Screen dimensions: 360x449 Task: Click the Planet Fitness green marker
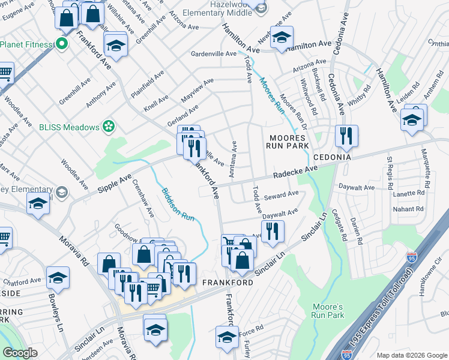(61, 43)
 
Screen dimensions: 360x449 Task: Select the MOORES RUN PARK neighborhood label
(288, 142)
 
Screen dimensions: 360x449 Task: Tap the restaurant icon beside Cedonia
(346, 136)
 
